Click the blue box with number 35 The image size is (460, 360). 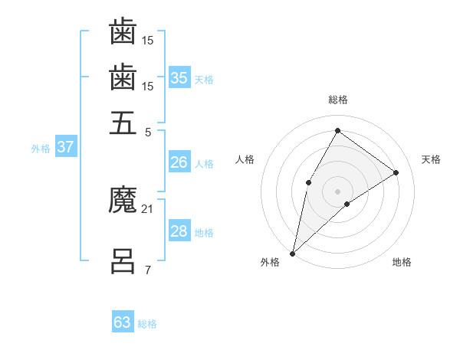[x=179, y=77]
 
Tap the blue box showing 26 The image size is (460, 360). [x=179, y=162]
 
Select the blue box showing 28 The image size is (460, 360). [x=179, y=231]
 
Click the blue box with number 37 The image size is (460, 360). [x=65, y=147]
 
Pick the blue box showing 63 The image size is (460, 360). [x=123, y=322]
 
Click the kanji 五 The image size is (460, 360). [x=123, y=123]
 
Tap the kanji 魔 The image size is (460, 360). [x=123, y=201]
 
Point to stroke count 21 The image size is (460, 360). [x=147, y=209]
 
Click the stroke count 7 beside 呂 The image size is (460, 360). [x=147, y=270]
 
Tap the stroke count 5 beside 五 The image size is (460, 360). [x=147, y=131]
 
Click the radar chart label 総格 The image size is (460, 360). [x=337, y=100]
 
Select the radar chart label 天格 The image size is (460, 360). [x=431, y=159]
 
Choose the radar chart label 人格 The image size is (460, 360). [x=245, y=159]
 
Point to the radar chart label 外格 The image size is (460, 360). [x=269, y=262]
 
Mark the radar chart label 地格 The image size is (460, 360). [x=402, y=262]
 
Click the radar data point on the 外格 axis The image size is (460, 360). [x=292, y=253]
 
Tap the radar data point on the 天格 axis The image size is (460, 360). [x=396, y=172]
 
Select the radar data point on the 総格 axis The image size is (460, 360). [x=337, y=130]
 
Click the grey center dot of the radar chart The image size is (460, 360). [x=337, y=191]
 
